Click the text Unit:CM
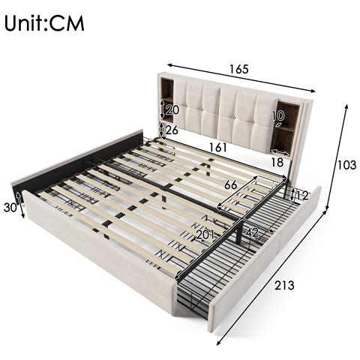pyautogui.click(x=44, y=22)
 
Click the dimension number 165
pyautogui.click(x=238, y=70)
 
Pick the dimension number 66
pyautogui.click(x=232, y=184)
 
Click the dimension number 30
pyautogui.click(x=10, y=208)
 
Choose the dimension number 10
pyautogui.click(x=278, y=116)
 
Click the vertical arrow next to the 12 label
pyautogui.click(x=291, y=195)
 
